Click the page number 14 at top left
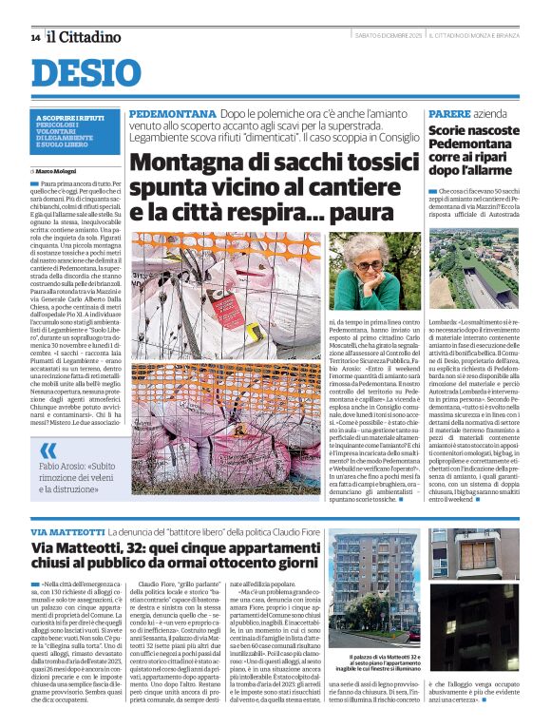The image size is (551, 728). pyautogui.click(x=35, y=37)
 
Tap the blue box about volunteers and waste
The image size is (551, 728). pyautogui.click(x=75, y=131)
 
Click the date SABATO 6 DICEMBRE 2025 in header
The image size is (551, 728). pyautogui.click(x=388, y=36)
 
